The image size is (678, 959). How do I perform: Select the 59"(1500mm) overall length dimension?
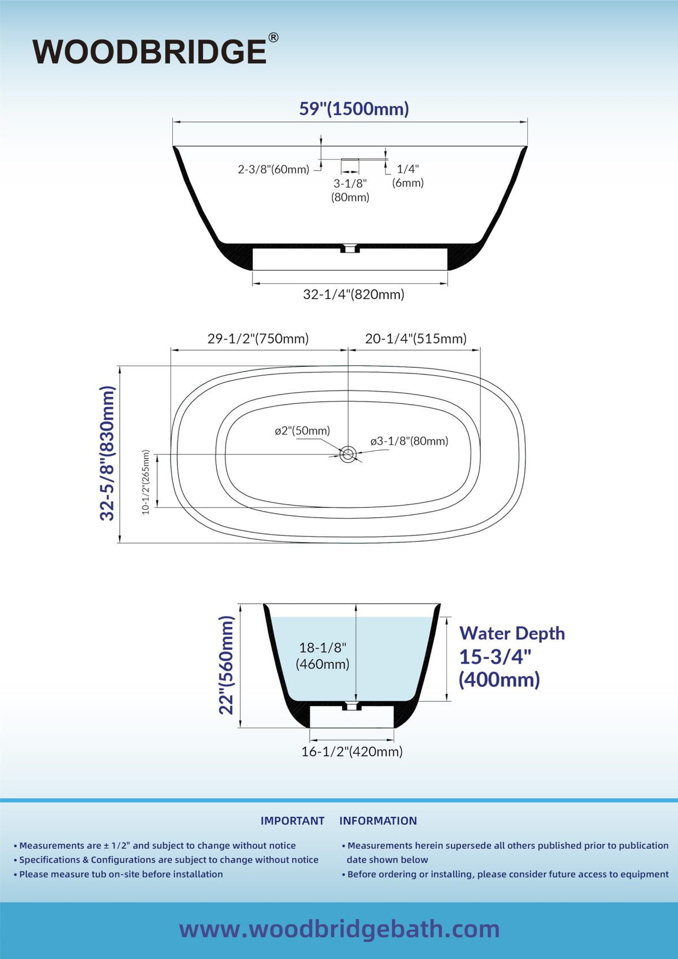pos(354,109)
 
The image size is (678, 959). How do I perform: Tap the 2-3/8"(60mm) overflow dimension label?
pos(273,170)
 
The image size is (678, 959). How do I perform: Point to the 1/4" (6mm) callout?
pos(408,176)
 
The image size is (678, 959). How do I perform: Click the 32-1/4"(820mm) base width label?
pos(354,294)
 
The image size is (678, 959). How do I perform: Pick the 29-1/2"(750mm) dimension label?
pos(258,339)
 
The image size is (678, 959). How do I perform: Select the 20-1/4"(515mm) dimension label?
pos(416,339)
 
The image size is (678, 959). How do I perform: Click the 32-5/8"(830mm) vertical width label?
pos(107,453)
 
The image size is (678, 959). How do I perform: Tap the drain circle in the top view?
pos(348,454)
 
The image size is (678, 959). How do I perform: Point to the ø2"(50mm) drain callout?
pos(302,430)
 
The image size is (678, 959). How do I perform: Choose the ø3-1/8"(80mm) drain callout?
pos(409,441)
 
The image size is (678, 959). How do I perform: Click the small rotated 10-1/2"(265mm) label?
pos(146,482)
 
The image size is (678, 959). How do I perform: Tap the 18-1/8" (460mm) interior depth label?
pos(322,656)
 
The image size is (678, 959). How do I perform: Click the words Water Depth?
pos(512,633)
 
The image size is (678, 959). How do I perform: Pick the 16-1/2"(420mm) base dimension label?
pos(352,752)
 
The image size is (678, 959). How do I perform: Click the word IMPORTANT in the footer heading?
pos(292,821)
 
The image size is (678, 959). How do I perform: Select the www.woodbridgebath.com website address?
pos(339,929)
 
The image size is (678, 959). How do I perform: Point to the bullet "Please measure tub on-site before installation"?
pos(119,874)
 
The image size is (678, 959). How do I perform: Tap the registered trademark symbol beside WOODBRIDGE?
pos(273,38)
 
